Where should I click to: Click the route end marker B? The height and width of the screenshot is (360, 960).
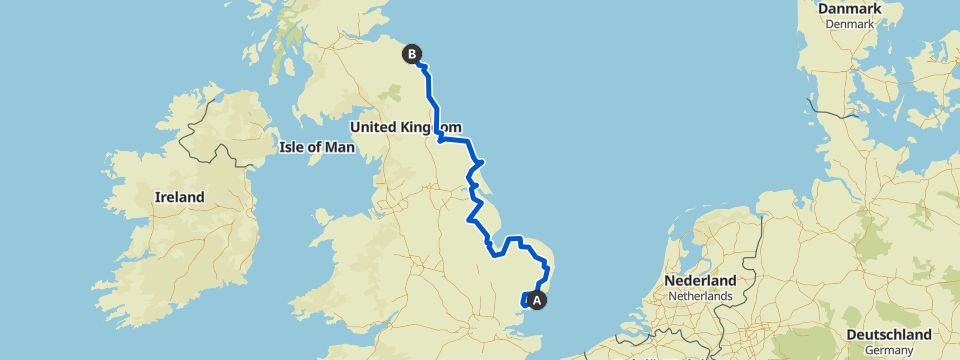click(x=411, y=56)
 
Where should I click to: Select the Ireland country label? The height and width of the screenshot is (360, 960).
click(x=179, y=197)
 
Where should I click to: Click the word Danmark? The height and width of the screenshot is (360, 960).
click(x=851, y=9)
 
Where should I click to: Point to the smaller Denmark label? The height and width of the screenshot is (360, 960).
click(x=851, y=23)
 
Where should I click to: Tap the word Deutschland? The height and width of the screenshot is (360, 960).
click(x=888, y=334)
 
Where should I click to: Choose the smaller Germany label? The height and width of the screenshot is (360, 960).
click(x=888, y=349)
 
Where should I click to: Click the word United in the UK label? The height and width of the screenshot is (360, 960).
click(x=375, y=128)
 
